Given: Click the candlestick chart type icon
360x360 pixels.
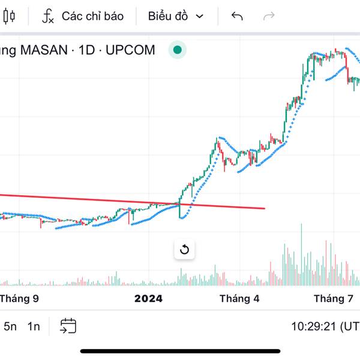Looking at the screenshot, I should [8, 16].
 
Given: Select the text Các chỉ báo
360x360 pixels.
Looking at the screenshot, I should [92, 16].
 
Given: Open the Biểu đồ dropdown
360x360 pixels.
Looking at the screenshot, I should [175, 16].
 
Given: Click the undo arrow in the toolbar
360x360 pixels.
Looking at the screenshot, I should [237, 16].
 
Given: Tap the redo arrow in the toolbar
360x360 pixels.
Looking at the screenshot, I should [269, 16].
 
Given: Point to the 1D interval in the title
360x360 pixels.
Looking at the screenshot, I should [87, 50].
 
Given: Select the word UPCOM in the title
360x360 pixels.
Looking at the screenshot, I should [130, 50].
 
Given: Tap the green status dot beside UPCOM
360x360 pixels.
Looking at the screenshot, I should [177, 50].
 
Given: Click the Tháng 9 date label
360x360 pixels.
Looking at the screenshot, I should [20, 298].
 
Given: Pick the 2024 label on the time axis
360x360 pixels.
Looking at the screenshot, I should [148, 298].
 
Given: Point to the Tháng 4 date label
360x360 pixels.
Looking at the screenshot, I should [239, 298].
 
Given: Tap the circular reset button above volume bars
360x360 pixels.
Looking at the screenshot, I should [184, 250].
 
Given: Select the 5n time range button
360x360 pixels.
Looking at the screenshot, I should [10, 326].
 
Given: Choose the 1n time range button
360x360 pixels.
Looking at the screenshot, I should [34, 326].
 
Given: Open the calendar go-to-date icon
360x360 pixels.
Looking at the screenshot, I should [68, 326].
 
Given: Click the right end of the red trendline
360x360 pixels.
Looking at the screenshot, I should [264, 209].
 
